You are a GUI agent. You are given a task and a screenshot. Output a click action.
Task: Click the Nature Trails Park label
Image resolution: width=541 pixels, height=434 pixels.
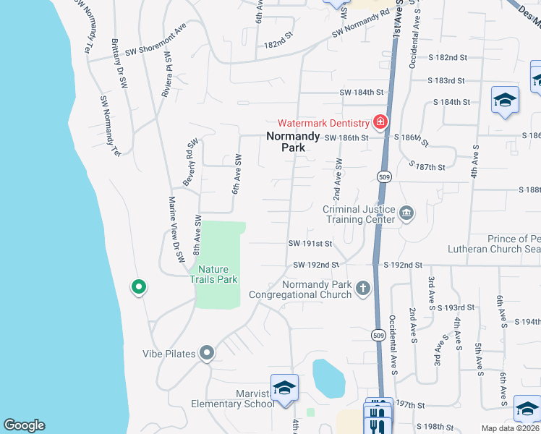coord(213,274)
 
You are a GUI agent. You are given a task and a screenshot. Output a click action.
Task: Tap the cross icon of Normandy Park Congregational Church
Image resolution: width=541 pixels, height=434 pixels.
coord(363,289)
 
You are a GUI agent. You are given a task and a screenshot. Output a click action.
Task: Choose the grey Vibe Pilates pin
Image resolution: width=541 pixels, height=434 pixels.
coord(207,353)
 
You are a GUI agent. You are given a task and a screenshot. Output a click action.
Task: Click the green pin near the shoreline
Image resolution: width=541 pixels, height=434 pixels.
coord(138,287)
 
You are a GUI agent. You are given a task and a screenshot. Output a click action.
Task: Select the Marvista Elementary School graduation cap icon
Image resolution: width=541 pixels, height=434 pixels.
coord(284,388)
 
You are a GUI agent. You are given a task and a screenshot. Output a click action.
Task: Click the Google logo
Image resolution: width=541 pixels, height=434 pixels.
coord(24,425)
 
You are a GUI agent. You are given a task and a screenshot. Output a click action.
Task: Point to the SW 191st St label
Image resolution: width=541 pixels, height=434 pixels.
coord(310,244)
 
